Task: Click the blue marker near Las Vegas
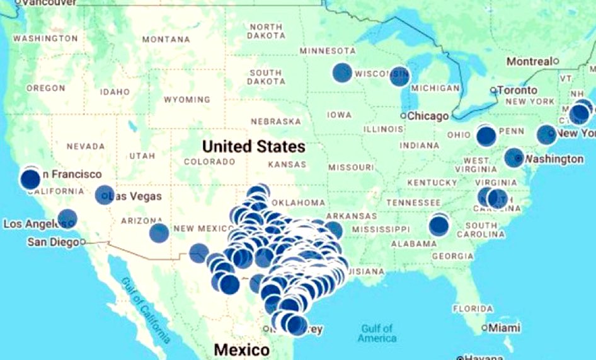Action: pyautogui.click(x=105, y=195)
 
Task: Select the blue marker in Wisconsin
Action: pyautogui.click(x=399, y=76)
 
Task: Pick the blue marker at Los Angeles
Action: pyautogui.click(x=67, y=219)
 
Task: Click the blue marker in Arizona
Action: pyautogui.click(x=159, y=233)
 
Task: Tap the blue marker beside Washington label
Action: pyautogui.click(x=514, y=158)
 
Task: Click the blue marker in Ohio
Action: pyautogui.click(x=486, y=136)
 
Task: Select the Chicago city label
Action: pyautogui.click(x=428, y=116)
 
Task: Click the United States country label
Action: pyautogui.click(x=253, y=147)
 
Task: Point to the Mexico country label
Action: pyautogui.click(x=241, y=349)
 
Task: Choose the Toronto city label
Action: pyautogui.click(x=517, y=90)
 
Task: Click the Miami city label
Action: pyautogui.click(x=505, y=328)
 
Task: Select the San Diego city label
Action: pyautogui.click(x=54, y=242)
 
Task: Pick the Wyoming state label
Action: pyautogui.click(x=186, y=100)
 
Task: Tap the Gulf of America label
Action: pyautogui.click(x=377, y=333)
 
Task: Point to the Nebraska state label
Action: pyautogui.click(x=275, y=121)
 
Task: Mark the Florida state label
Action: pyautogui.click(x=472, y=309)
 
